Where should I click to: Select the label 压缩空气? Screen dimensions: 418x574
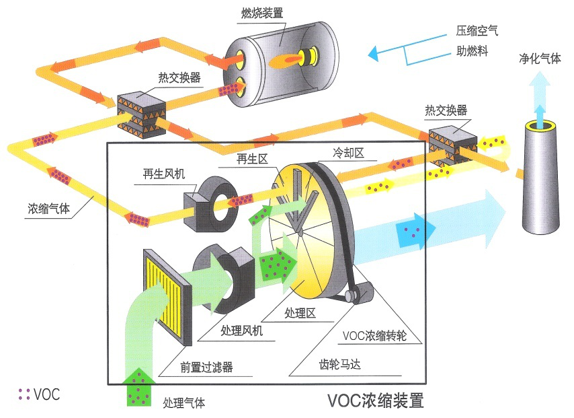coord(477,30)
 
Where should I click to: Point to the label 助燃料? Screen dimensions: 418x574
coord(472,50)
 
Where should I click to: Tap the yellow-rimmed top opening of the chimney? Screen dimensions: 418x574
coord(540,125)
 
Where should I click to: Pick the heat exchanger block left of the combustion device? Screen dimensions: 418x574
coord(141,111)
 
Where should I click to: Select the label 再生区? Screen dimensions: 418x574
coord(252,159)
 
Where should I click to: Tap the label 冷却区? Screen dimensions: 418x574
coord(349,153)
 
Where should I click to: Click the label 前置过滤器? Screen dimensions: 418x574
coord(206,368)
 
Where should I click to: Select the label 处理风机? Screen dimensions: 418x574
coord(242,331)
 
